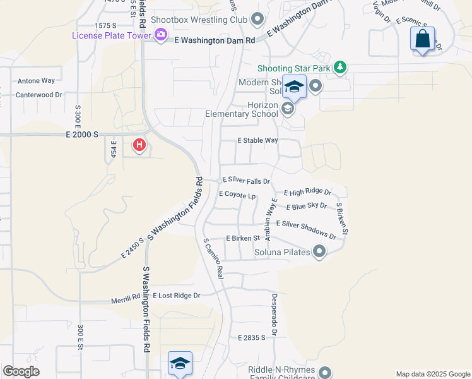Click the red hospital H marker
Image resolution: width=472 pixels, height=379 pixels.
(139, 145)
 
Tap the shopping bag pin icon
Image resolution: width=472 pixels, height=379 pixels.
(422, 39)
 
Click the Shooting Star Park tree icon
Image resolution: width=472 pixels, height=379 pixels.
(340, 66)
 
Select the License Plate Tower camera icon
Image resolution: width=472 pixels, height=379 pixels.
(161, 35)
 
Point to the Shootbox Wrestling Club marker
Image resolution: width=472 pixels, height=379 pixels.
(257, 20)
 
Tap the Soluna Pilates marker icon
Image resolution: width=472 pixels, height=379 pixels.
(319, 252)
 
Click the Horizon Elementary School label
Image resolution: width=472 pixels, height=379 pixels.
(242, 109)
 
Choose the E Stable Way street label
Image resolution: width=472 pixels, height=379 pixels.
(257, 141)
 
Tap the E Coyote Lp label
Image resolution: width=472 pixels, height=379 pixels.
(237, 195)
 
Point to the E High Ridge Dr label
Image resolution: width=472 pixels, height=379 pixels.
(307, 192)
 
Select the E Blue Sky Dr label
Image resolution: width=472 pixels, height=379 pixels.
(307, 206)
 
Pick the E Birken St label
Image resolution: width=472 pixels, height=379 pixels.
(243, 238)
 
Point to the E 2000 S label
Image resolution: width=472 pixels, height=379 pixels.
(83, 135)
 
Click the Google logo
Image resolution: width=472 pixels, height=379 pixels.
(21, 371)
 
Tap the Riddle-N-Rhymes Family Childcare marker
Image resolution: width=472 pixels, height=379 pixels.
(325, 372)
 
